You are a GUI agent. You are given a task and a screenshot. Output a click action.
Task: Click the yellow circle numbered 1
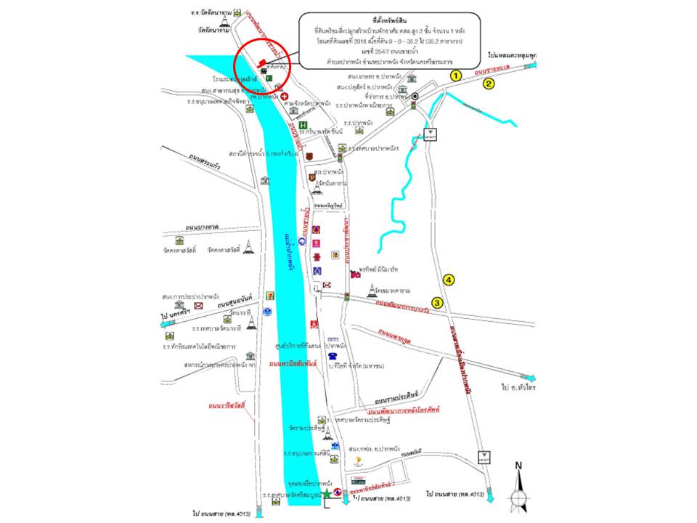pyautogui.click(x=456, y=75)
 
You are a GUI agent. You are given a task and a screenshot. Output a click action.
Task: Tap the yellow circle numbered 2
pyautogui.click(x=489, y=84)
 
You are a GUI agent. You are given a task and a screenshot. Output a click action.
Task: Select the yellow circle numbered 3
pyautogui.click(x=437, y=302)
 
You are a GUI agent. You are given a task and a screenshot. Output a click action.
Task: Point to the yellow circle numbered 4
pyautogui.click(x=449, y=280)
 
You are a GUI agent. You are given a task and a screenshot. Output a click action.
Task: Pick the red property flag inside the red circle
pyautogui.click(x=262, y=62)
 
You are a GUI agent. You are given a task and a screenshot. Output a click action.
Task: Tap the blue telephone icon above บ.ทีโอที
pyautogui.click(x=332, y=357)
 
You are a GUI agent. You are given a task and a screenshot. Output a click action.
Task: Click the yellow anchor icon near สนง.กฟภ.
pyautogui.click(x=356, y=460)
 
